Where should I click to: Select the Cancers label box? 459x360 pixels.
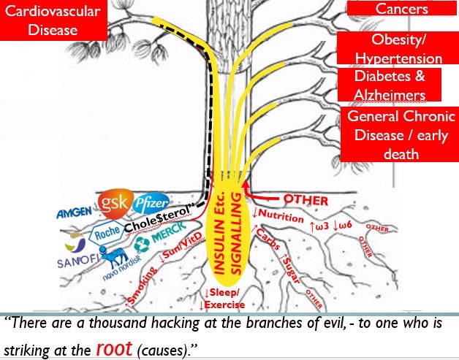coord(401,9)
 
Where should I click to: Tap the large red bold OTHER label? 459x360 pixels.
coord(306,199)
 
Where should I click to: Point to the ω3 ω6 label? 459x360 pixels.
coord(335,226)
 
